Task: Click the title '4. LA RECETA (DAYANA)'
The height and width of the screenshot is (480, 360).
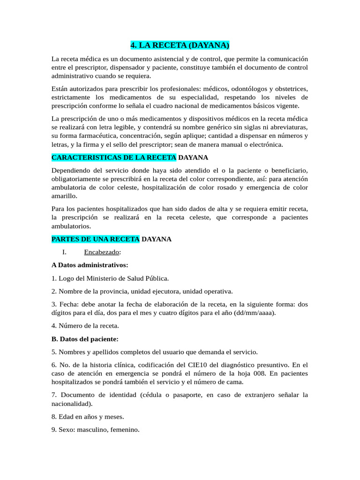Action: (180, 45)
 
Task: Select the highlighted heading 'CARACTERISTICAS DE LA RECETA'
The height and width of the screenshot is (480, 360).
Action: (114, 157)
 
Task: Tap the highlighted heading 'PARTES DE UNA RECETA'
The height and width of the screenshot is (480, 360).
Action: (95, 239)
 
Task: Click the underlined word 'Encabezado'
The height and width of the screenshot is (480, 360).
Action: (102, 252)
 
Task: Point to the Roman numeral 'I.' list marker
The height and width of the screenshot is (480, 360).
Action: (65, 252)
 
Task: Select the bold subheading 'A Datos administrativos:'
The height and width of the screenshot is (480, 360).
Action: (90, 265)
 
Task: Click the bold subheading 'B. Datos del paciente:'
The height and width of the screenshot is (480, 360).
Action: (85, 338)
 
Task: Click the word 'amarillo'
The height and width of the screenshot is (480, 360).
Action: (64, 196)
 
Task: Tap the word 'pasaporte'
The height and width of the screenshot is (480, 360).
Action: (186, 395)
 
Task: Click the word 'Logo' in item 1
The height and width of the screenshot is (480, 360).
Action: (67, 278)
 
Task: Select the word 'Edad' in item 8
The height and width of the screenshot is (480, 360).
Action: (66, 416)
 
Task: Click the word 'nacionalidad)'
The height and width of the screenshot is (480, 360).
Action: (72, 403)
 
